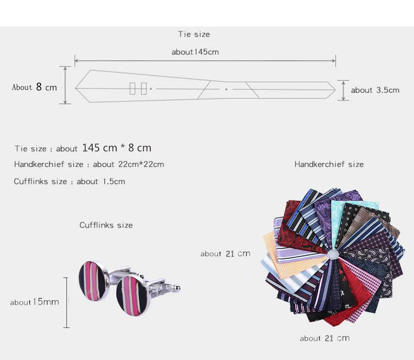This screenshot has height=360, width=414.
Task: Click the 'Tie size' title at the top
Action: tap(194, 34)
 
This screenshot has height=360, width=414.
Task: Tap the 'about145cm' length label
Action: tap(195, 52)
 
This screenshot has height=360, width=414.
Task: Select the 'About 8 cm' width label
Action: tap(34, 87)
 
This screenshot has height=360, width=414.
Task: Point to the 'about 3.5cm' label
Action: tap(375, 90)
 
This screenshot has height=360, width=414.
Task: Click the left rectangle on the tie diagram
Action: tap(132, 89)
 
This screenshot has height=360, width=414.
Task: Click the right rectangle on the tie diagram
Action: tap(144, 89)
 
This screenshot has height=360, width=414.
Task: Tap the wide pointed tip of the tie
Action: tap(76, 88)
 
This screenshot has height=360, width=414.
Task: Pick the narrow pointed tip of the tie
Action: tap(335, 90)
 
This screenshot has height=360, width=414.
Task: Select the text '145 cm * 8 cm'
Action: tap(117, 148)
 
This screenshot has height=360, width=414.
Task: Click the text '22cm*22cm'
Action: tap(141, 164)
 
